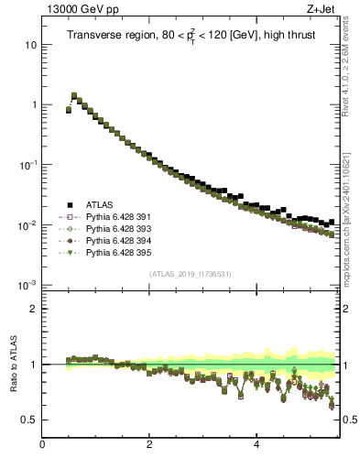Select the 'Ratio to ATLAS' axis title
coord(15,364)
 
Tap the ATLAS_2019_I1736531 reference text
coord(191,274)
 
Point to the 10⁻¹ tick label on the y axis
coord(28,165)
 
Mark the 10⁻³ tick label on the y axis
coord(28,285)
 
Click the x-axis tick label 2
coord(149,445)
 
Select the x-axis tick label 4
coord(256,445)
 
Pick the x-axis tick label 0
coord(42,445)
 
